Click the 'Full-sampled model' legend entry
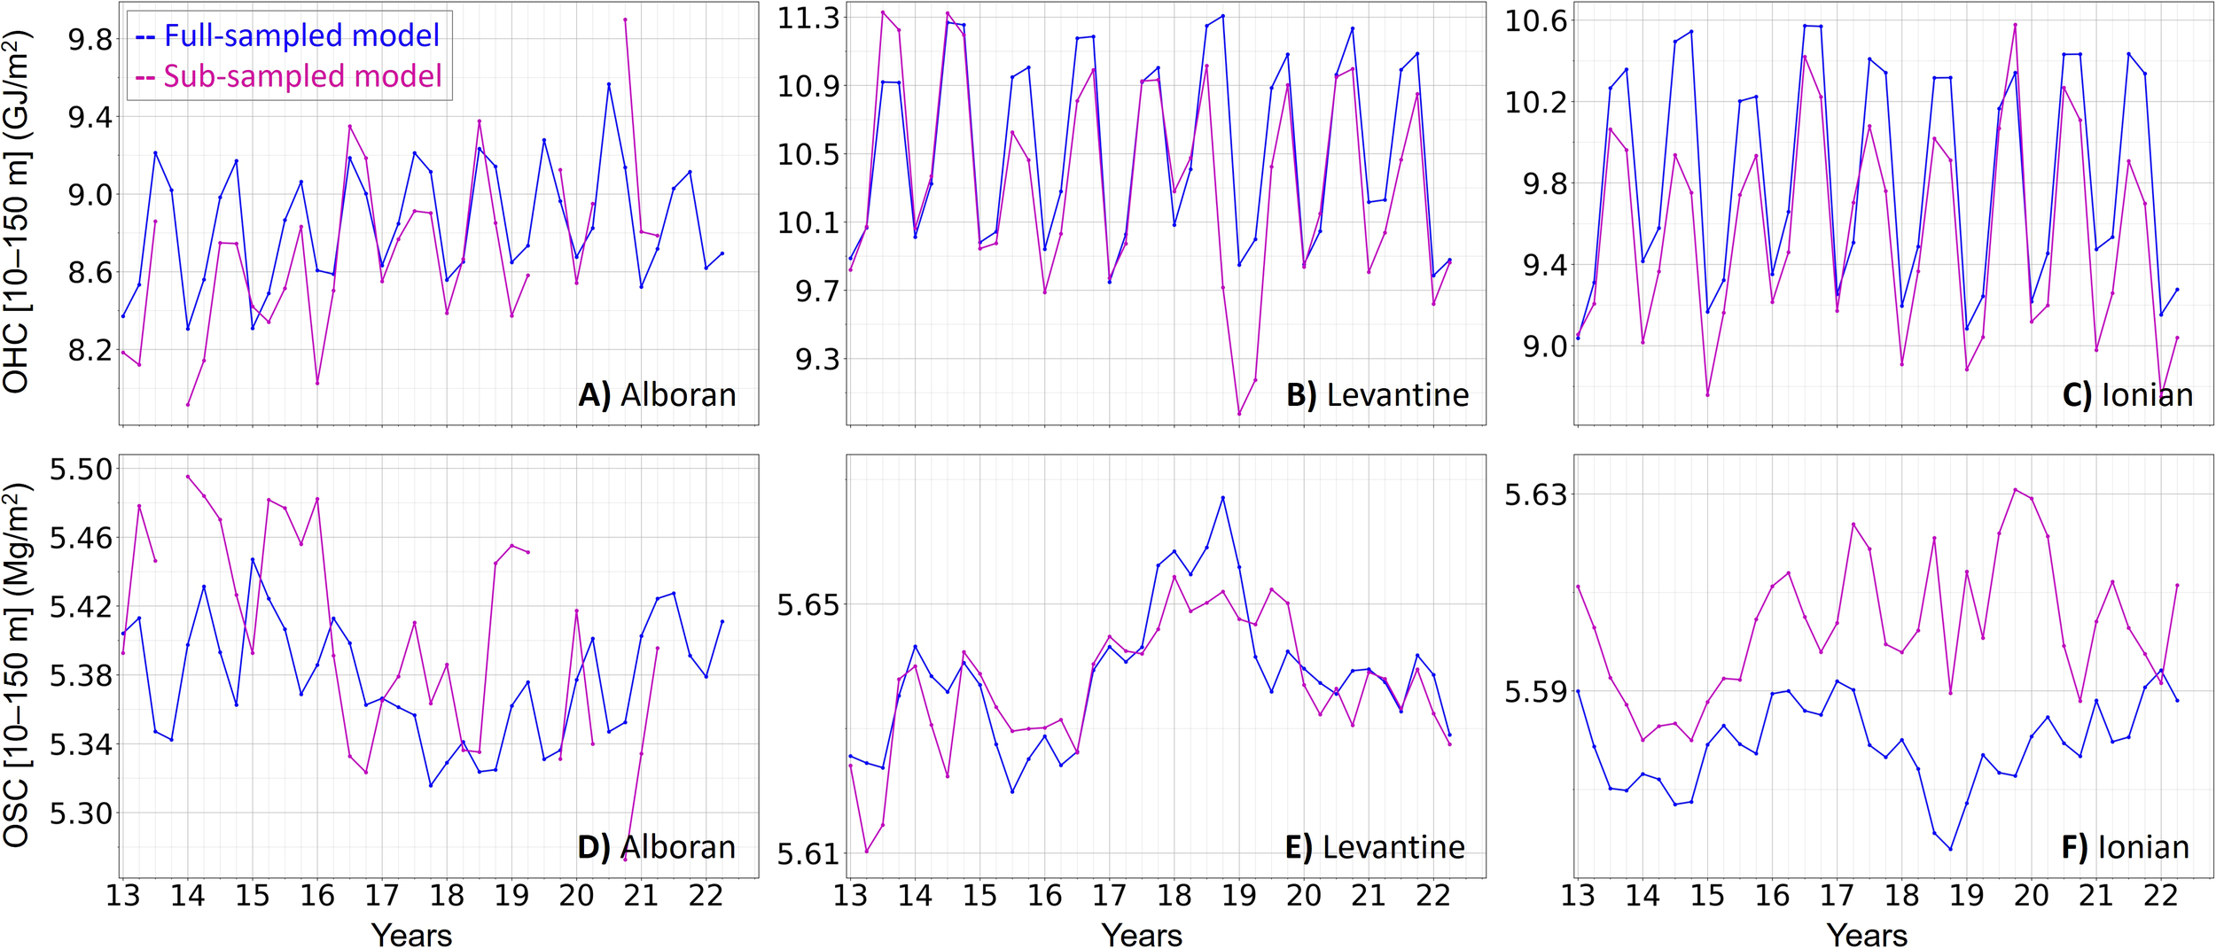[x=288, y=35]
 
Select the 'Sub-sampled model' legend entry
[x=289, y=76]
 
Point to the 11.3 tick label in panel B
[x=808, y=18]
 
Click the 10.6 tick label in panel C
[x=1536, y=21]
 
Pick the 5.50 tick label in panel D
[x=81, y=469]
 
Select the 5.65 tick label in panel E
[x=808, y=605]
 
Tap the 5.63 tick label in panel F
[x=1536, y=494]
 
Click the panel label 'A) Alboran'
[x=657, y=394]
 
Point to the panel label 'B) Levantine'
[x=1377, y=394]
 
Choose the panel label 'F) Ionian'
[x=2125, y=847]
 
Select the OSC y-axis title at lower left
[x=17, y=664]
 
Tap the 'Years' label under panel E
[x=1142, y=934]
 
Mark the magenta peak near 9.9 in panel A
[x=625, y=19]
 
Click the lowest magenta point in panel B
[x=1239, y=414]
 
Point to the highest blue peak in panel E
[x=1223, y=497]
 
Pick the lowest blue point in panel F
[x=1951, y=849]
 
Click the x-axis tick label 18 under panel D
[x=447, y=895]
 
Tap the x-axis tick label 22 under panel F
[x=2160, y=895]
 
